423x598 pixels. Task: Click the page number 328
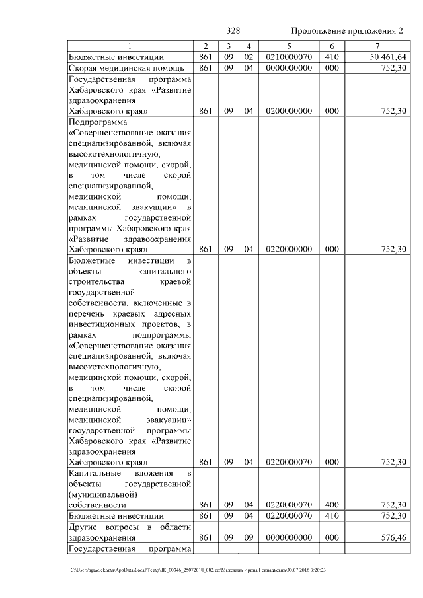click(x=233, y=31)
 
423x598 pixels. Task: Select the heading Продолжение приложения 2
click(x=347, y=31)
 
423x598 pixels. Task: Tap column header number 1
click(x=130, y=46)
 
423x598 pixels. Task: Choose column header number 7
click(x=377, y=46)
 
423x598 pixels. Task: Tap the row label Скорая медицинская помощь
click(x=116, y=68)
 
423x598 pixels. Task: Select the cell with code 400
click(x=332, y=504)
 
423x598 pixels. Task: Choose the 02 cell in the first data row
click(x=249, y=57)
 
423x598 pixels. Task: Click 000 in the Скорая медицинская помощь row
click(x=332, y=68)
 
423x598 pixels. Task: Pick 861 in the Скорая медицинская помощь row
click(x=206, y=68)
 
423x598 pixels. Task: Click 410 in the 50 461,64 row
click(x=332, y=57)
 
